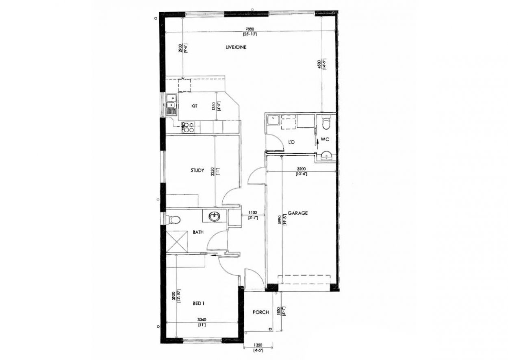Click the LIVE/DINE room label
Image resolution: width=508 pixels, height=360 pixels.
coord(236,48)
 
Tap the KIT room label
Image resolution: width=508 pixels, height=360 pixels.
coord(194,106)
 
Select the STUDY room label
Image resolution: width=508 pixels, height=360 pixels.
coord(197,170)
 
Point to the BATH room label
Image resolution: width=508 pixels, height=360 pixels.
coord(198,232)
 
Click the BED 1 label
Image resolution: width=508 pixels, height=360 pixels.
coord(198,303)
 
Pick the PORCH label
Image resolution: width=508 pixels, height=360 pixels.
coord(261,312)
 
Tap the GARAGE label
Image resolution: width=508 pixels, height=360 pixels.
coord(297,213)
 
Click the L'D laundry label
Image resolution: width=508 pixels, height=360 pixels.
coord(291,142)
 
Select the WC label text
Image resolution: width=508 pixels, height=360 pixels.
coord(324,139)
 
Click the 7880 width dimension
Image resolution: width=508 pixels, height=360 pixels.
coord(250,29)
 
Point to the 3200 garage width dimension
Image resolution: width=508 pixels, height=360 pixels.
coord(301,168)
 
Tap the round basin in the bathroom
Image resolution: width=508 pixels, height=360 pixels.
coord(214,217)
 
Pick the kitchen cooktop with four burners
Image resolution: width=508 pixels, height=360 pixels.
coord(188,127)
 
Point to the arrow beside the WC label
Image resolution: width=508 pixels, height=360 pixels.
coord(317,141)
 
